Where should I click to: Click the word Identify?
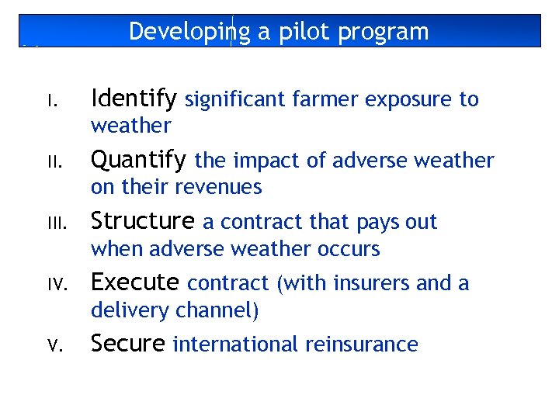point(134,99)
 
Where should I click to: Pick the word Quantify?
point(138,160)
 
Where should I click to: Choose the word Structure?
point(142,221)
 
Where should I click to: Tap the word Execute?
point(135,282)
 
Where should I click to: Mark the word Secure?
point(128,344)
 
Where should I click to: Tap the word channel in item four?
point(218,310)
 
